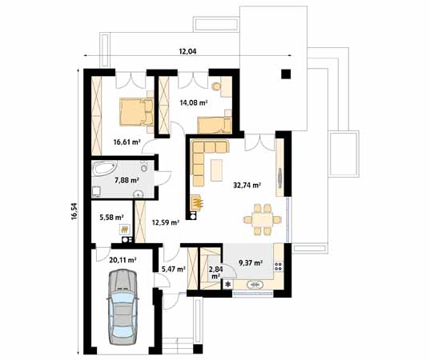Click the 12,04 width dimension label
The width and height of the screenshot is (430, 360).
[x=187, y=51]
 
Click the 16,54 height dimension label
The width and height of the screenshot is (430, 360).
[x=74, y=211]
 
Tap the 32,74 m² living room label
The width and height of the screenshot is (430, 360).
[x=247, y=186]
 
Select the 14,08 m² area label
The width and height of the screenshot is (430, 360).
[x=193, y=103]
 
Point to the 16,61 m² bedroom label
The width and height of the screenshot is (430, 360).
[x=127, y=142]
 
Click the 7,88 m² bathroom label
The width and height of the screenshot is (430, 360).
[x=127, y=181]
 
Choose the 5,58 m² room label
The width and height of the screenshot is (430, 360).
[x=111, y=218]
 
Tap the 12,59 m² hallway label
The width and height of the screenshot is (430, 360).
[x=166, y=222]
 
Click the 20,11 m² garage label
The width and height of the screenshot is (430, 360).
[x=123, y=260]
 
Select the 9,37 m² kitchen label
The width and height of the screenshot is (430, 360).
[x=251, y=263]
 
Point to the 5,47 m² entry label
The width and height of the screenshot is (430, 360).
[x=173, y=270]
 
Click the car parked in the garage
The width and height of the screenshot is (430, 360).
[x=123, y=306]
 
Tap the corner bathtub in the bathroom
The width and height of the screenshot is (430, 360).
[x=104, y=168]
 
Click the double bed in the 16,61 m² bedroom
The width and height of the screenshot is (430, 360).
[x=136, y=113]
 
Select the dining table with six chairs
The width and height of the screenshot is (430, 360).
[x=263, y=220]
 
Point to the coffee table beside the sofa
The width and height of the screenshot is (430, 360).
[x=216, y=170]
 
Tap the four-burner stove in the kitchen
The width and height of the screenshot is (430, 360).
[x=279, y=266]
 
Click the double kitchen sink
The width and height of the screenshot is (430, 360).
[x=256, y=285]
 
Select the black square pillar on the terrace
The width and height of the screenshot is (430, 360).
[x=286, y=74]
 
